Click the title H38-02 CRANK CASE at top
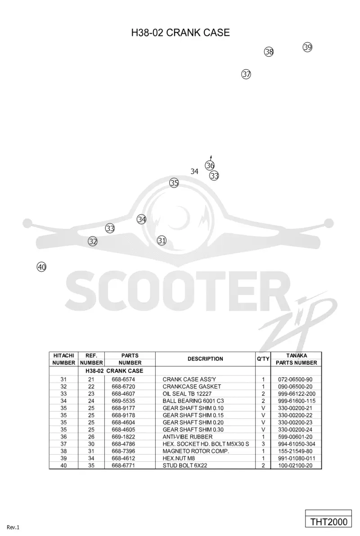(180, 32)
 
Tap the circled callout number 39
(307, 47)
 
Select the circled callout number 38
(269, 52)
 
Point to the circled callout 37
(246, 74)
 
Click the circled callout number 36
(210, 165)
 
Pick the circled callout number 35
(174, 183)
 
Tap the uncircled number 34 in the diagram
(194, 171)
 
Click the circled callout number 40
(41, 267)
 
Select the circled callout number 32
(93, 241)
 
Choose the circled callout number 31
(162, 241)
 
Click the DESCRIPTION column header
(205, 359)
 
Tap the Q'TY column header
(263, 359)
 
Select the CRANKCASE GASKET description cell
(192, 387)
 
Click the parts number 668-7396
(123, 451)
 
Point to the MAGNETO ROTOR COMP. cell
(196, 451)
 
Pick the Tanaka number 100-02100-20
(295, 465)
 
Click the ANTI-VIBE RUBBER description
(188, 437)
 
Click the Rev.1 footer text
(13, 527)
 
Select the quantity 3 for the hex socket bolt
(263, 444)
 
